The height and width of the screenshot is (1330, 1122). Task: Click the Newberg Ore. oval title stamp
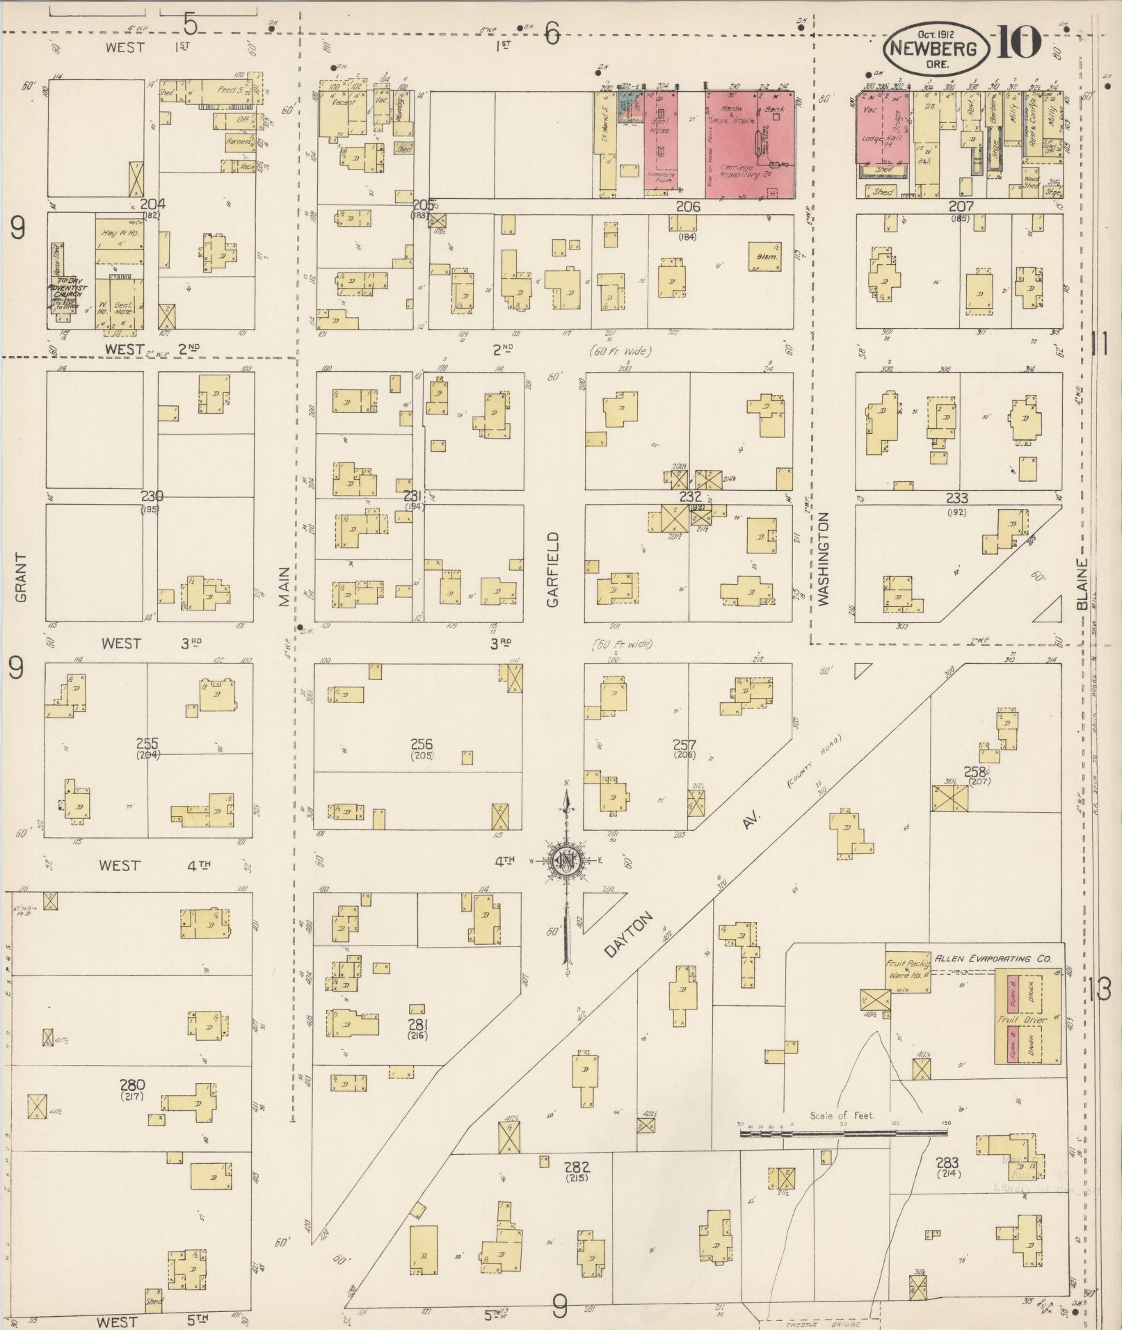(x=936, y=48)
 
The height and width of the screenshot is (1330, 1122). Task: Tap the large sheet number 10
(x=1019, y=43)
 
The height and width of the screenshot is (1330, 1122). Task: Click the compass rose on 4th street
(x=567, y=862)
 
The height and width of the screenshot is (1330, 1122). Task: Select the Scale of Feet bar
(x=843, y=1133)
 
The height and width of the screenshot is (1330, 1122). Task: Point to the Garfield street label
(x=553, y=569)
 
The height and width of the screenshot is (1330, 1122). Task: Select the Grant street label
(x=20, y=577)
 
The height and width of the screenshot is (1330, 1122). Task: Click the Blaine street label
(x=1082, y=584)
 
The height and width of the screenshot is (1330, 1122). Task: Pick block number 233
(x=957, y=498)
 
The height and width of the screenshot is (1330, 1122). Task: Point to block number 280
(x=131, y=1085)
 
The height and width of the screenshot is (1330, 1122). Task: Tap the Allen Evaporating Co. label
(x=993, y=958)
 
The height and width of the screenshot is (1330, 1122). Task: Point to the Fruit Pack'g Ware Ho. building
(x=908, y=970)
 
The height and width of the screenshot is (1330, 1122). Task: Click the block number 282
(x=577, y=1166)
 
